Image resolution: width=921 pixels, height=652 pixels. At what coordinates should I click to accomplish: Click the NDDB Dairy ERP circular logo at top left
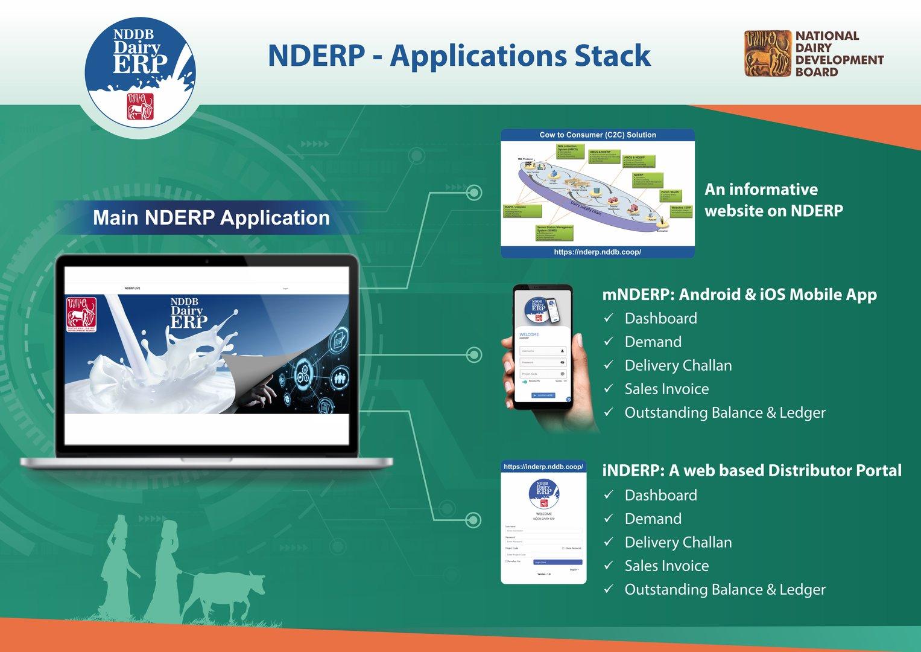(x=140, y=71)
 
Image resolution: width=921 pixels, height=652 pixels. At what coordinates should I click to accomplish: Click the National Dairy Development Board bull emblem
(x=767, y=54)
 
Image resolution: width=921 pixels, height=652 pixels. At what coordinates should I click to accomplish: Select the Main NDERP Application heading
(x=211, y=217)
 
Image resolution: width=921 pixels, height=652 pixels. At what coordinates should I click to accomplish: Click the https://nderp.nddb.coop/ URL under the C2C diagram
(x=597, y=252)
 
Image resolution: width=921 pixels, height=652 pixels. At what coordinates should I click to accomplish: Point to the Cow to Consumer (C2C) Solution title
(x=597, y=135)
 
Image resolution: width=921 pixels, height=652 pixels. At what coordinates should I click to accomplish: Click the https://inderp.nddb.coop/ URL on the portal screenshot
(x=543, y=467)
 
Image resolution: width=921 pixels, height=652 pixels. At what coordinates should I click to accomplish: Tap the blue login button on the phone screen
(x=543, y=395)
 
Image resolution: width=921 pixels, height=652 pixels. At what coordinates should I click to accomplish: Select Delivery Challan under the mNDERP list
(x=678, y=365)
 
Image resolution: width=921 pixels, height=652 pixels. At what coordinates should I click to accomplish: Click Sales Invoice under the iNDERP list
(x=666, y=566)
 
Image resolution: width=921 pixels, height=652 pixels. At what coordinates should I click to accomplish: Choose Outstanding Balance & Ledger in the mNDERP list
(x=724, y=412)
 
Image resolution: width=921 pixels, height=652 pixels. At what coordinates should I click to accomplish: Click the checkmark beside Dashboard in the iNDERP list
(x=609, y=494)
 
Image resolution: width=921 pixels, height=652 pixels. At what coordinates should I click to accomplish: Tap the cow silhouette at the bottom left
(x=226, y=592)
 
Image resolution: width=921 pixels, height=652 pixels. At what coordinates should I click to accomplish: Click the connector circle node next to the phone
(x=474, y=355)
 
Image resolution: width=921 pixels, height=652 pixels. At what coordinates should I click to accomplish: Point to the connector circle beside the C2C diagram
(x=474, y=193)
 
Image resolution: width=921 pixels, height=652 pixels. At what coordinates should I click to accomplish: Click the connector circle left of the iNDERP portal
(x=474, y=520)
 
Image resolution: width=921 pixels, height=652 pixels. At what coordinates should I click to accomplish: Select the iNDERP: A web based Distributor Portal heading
(x=752, y=470)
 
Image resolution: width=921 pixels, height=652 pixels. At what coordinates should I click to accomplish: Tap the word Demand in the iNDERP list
(x=653, y=519)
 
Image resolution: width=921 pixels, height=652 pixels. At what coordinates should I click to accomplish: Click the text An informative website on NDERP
(x=773, y=200)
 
